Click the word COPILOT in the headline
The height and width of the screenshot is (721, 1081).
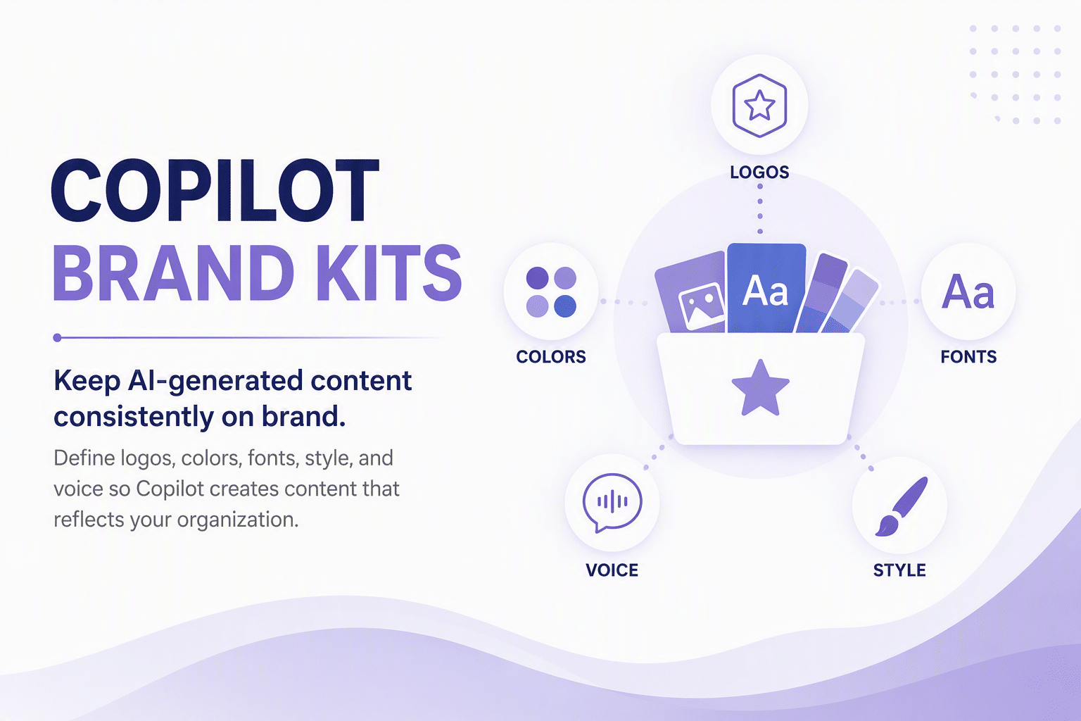pos(215,190)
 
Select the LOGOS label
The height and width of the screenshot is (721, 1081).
pos(759,173)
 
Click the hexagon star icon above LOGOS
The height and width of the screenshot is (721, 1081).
pos(759,106)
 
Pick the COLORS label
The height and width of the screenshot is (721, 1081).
pos(551,357)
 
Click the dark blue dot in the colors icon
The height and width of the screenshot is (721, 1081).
pos(565,306)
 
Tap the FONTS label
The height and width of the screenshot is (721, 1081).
pos(968,357)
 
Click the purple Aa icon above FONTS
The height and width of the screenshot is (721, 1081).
pos(968,291)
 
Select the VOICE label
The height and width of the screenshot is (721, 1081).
pos(612,570)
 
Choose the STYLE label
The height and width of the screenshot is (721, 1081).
pos(899,570)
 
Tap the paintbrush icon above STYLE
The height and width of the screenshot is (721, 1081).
pos(901,506)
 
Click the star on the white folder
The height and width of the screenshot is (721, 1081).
pos(761,388)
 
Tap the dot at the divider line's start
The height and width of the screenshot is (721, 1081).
pos(57,337)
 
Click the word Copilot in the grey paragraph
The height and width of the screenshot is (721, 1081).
pos(170,489)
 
